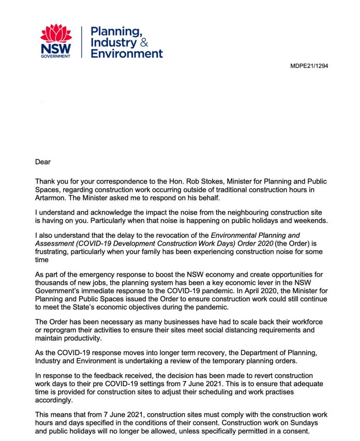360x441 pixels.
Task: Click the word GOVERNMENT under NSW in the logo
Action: point(55,55)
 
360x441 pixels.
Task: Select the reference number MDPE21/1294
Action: point(308,66)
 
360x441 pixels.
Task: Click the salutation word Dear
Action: point(43,162)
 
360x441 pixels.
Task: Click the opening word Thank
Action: point(46,181)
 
